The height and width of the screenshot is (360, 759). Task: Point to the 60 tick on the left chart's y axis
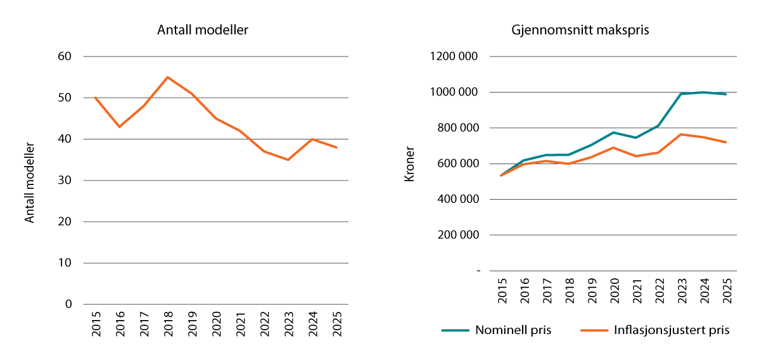[65, 56]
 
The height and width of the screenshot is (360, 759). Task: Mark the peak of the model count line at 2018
[168, 77]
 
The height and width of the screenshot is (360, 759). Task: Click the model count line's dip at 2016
[119, 127]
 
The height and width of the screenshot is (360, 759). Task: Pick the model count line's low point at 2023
[288, 160]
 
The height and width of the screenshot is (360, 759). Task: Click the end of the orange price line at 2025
[726, 142]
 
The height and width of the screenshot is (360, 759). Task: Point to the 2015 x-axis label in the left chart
[95, 324]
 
